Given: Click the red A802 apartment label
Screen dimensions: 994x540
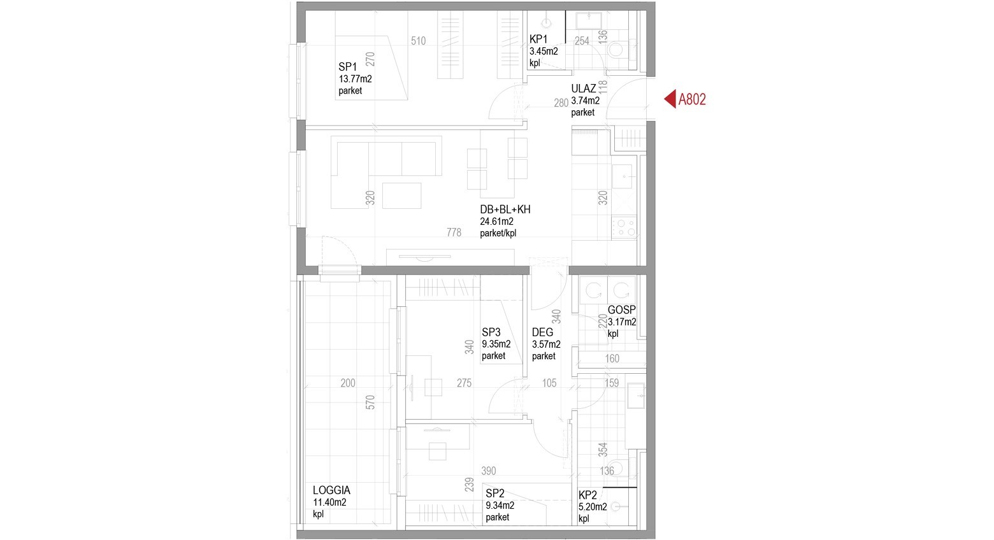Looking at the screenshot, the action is pyautogui.click(x=692, y=99).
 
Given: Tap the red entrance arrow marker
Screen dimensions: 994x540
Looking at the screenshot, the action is pyautogui.click(x=670, y=99).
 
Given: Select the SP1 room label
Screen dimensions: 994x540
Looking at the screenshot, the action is pyautogui.click(x=347, y=67).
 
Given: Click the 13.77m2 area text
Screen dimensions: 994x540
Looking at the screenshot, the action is pyautogui.click(x=355, y=79).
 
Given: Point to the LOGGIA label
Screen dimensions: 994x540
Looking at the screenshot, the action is pyautogui.click(x=331, y=490).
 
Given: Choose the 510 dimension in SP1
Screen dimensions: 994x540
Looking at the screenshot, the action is pyautogui.click(x=418, y=41).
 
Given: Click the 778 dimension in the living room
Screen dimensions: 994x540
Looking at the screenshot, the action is pyautogui.click(x=454, y=232).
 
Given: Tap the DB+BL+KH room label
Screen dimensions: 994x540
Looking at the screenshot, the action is pyautogui.click(x=505, y=210).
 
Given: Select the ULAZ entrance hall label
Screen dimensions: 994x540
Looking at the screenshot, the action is pyautogui.click(x=584, y=89).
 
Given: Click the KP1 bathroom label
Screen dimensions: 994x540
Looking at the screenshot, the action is pyautogui.click(x=538, y=39).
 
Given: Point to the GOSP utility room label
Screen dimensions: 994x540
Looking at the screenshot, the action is pyautogui.click(x=622, y=310).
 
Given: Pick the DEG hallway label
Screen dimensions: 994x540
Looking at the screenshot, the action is pyautogui.click(x=542, y=332).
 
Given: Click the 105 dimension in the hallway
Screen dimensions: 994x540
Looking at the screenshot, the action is pyautogui.click(x=549, y=383).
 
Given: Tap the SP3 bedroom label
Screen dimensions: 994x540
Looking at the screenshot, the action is pyautogui.click(x=491, y=332).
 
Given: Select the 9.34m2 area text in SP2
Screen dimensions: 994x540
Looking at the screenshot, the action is pyautogui.click(x=500, y=506).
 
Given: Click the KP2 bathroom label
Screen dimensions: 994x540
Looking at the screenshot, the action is pyautogui.click(x=587, y=495).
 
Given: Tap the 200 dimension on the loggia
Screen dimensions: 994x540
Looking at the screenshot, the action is pyautogui.click(x=347, y=383).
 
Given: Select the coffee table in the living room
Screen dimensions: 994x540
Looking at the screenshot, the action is pyautogui.click(x=401, y=195).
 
